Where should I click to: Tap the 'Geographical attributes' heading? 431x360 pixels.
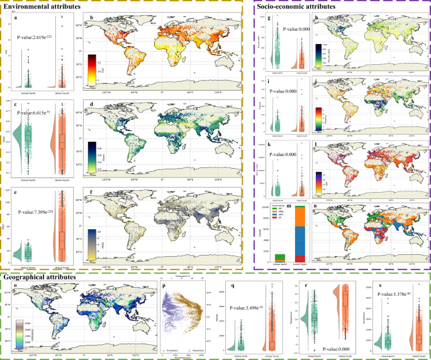click(x=41, y=275)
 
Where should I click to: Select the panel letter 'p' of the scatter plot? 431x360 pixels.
click(x=165, y=286)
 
